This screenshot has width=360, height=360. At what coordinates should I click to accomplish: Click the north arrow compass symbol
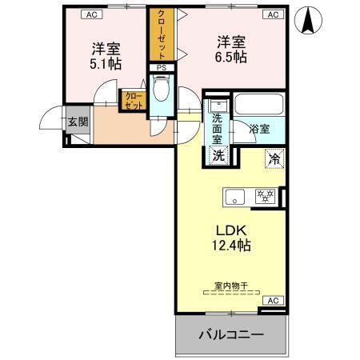(x=308, y=20)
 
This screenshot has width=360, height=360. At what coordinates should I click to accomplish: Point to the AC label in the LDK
(x=272, y=300)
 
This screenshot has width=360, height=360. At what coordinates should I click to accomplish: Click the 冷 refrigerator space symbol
(x=274, y=158)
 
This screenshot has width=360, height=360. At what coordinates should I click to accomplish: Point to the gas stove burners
(x=265, y=196)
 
